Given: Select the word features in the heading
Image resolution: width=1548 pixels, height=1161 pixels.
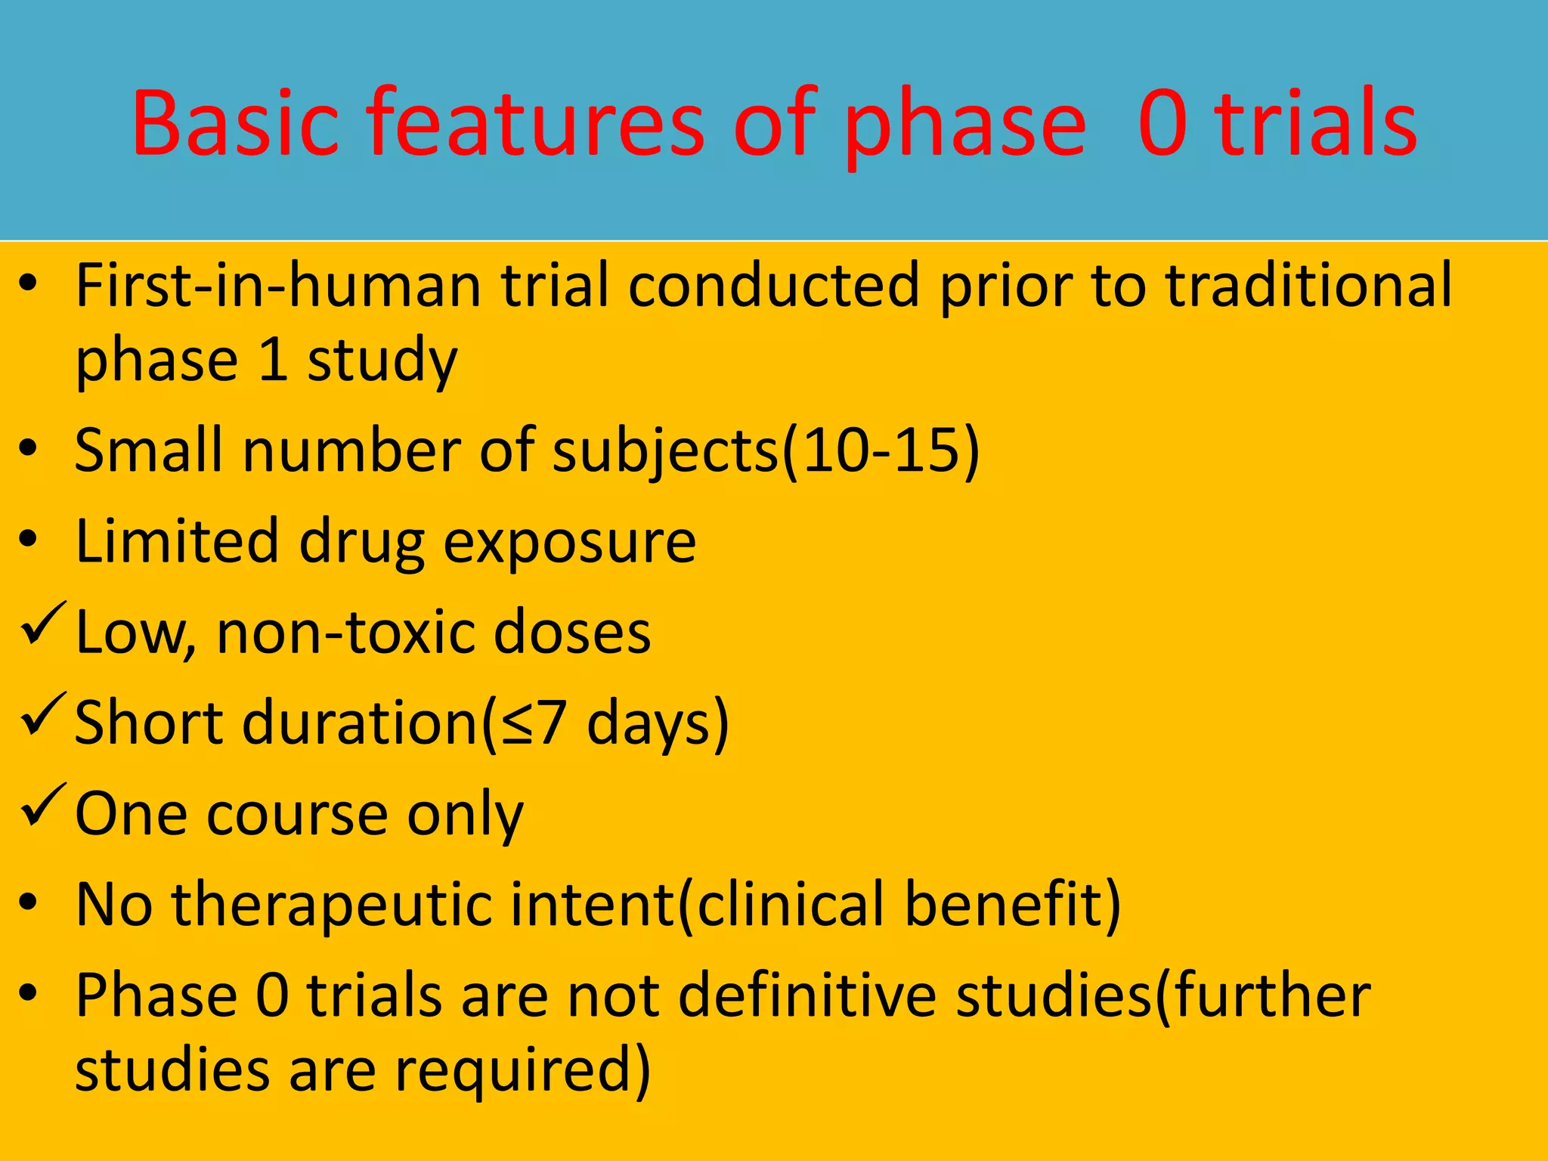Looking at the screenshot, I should click(535, 122).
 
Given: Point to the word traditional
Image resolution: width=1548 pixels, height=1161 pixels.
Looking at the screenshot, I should click(1308, 286).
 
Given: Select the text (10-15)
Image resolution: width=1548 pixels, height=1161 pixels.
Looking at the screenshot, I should click(881, 450).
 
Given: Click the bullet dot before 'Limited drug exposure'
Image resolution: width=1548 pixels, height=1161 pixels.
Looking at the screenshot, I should click(29, 540).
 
